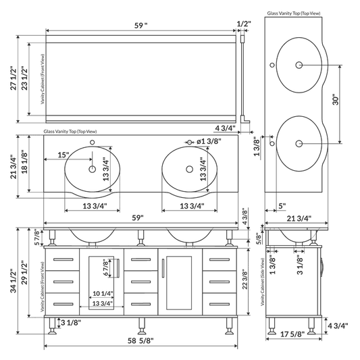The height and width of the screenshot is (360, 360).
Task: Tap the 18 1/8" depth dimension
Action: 25,163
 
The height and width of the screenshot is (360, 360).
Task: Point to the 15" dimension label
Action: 63,155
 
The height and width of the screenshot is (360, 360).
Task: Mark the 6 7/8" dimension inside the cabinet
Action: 105,267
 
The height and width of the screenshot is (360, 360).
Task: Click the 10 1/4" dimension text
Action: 101,294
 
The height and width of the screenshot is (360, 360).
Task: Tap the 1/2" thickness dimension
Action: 244,24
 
